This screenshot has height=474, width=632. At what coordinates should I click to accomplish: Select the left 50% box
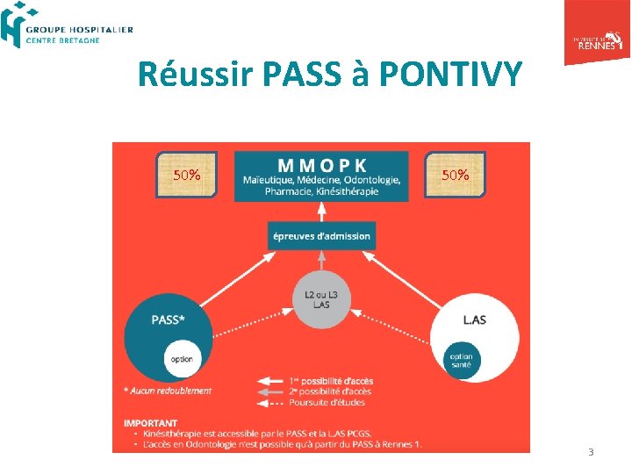click(x=186, y=175)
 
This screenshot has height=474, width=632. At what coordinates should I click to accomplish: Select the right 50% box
click(x=456, y=175)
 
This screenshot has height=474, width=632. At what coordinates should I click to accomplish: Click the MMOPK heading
click(x=322, y=164)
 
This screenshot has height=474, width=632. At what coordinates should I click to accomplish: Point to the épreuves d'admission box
click(x=321, y=235)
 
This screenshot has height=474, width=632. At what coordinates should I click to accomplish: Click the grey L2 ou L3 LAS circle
click(x=321, y=299)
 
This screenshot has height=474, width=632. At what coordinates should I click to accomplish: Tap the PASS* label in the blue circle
click(x=168, y=320)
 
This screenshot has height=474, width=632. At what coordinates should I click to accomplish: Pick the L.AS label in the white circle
click(x=475, y=320)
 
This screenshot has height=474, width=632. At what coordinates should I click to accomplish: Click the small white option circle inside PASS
click(x=182, y=359)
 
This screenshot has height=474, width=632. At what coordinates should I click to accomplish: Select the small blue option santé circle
click(x=461, y=360)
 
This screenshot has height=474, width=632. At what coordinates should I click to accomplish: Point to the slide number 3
click(x=591, y=452)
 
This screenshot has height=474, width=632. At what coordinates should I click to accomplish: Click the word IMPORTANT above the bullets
click(x=150, y=423)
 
